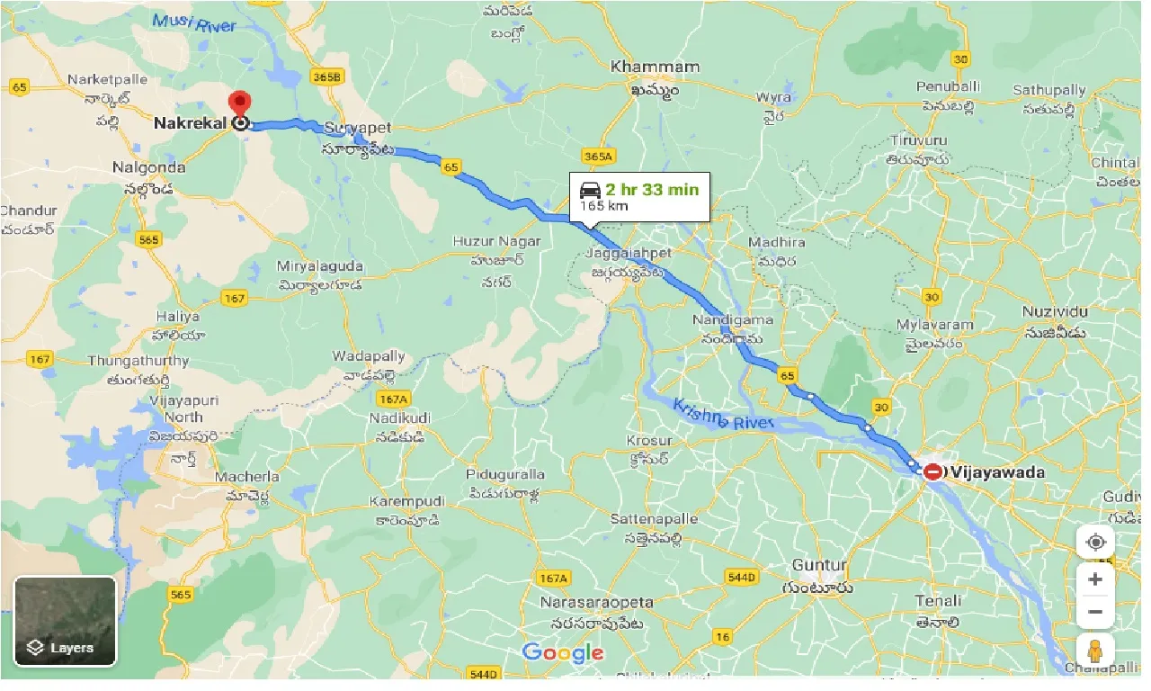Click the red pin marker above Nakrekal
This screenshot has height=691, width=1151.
[x=240, y=103]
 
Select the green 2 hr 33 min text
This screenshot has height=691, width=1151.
[x=651, y=190]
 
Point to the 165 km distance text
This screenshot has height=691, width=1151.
[x=603, y=206]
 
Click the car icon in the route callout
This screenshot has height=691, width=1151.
[x=590, y=190]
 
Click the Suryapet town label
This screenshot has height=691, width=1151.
[x=360, y=129]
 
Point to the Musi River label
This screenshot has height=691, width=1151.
[x=195, y=22]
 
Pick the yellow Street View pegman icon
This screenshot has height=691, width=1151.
[x=1094, y=651]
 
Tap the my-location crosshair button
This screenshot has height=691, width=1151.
[x=1094, y=543]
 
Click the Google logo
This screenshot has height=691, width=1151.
[x=562, y=653]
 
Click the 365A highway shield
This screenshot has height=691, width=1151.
[x=597, y=157]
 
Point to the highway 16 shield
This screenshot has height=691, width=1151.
[x=722, y=637]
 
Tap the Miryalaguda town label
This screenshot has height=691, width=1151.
[x=320, y=266]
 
